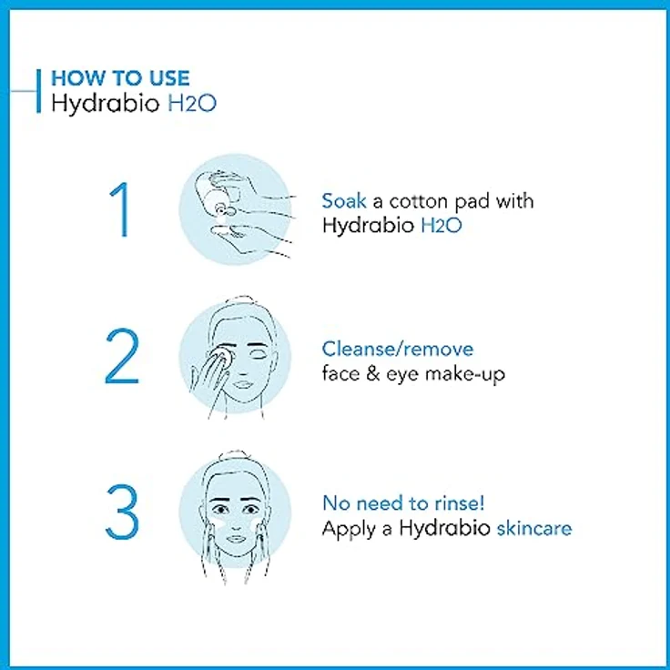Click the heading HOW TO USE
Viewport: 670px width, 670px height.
[x=120, y=78]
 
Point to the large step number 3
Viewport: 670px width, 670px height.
[x=121, y=513]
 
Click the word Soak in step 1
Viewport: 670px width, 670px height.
[x=343, y=201]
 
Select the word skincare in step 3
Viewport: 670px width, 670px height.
[x=533, y=528]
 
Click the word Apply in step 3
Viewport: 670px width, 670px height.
[x=347, y=529]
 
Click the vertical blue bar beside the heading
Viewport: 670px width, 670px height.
[x=38, y=91]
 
